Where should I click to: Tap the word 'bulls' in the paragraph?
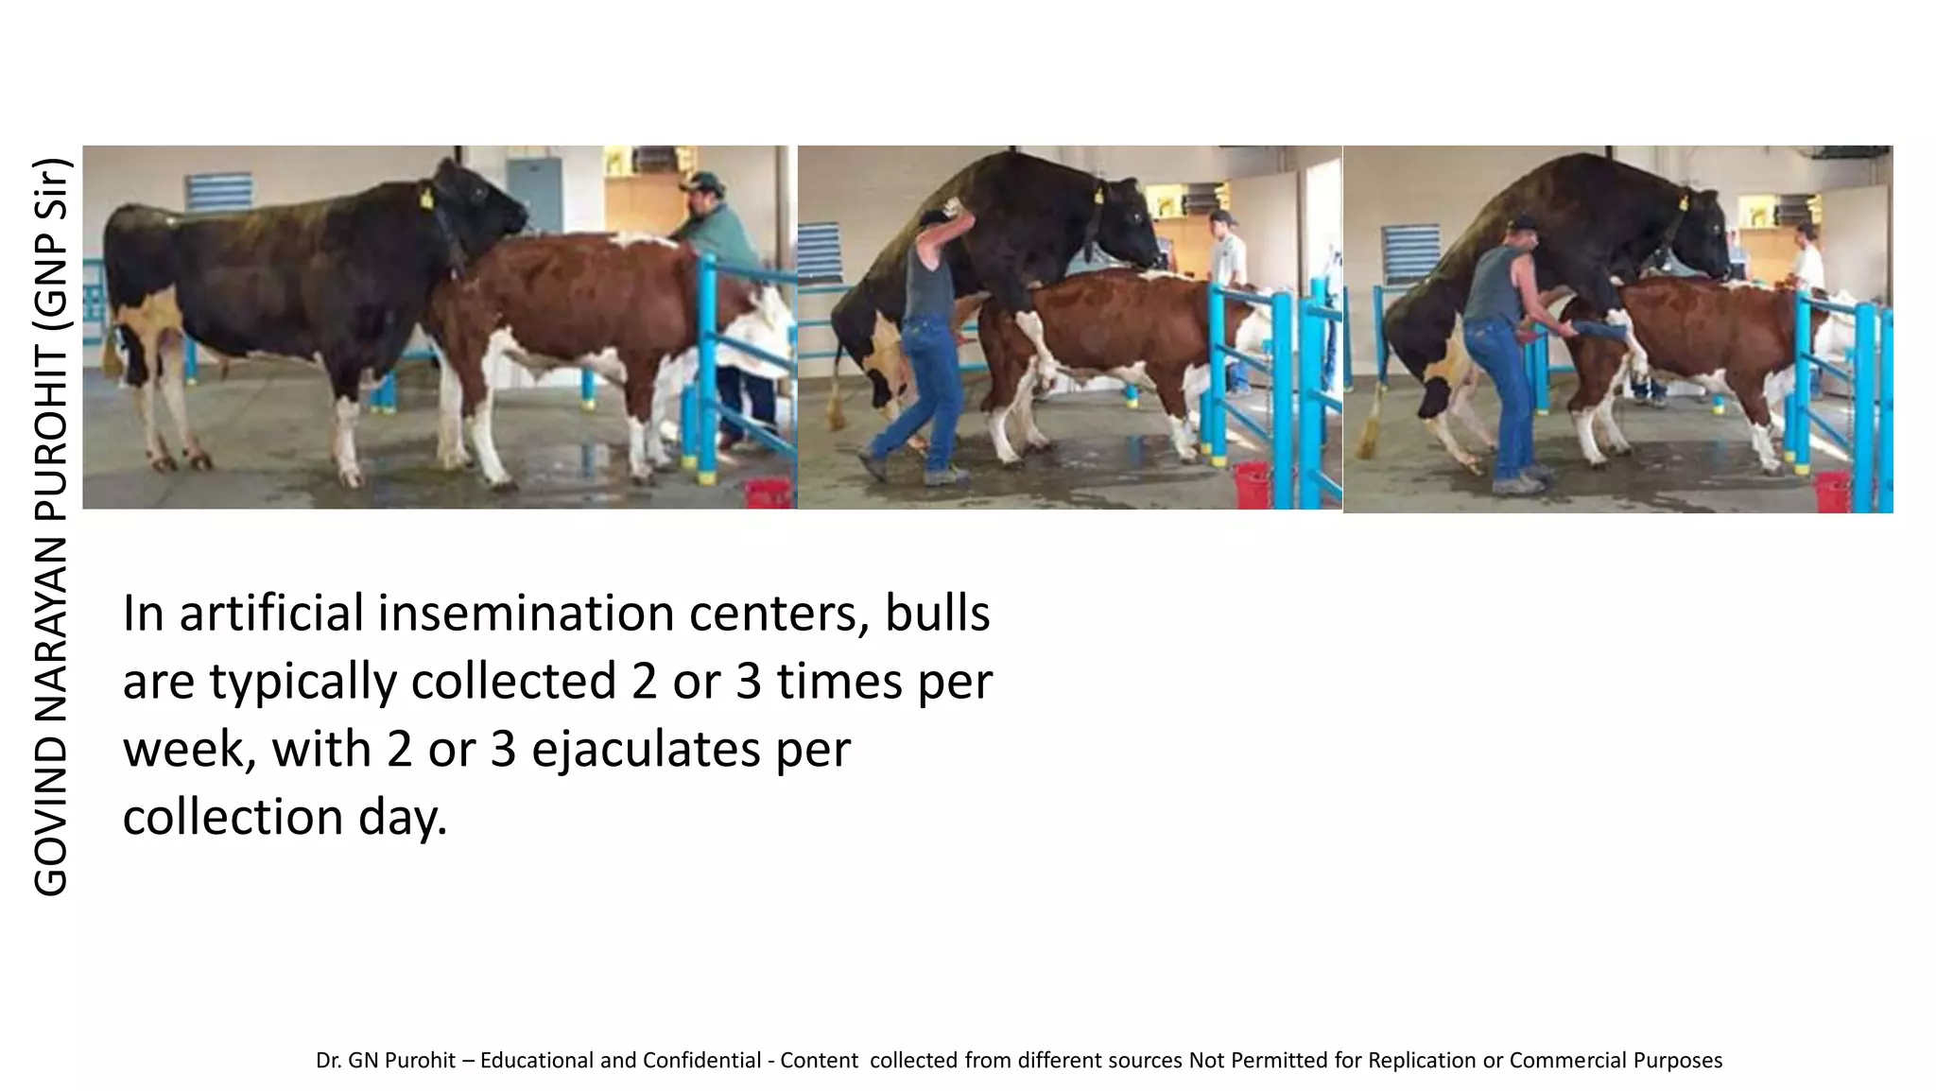pos(937,613)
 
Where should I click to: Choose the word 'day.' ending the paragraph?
pos(403,817)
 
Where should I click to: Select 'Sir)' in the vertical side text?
pos(50,189)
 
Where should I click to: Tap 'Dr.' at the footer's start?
pos(329,1060)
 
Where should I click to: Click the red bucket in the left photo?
pos(769,493)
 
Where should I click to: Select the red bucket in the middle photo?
pos(1253,483)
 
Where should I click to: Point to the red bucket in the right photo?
pos(1832,491)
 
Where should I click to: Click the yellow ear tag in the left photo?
pos(426,199)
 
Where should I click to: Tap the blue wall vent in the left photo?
pos(218,192)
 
